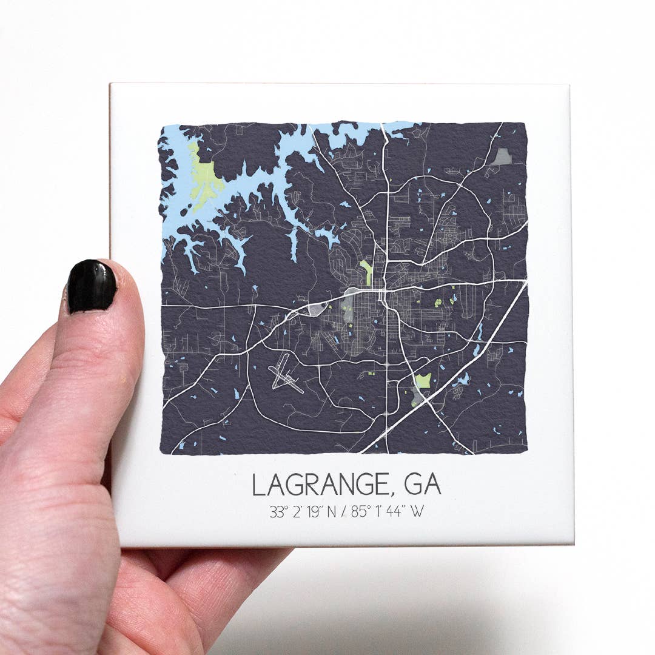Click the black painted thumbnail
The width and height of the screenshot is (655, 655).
[x=92, y=287]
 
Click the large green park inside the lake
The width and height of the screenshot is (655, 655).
[x=204, y=176]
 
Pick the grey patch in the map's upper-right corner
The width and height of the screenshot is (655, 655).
[x=502, y=157]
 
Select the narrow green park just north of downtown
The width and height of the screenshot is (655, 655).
[x=366, y=272]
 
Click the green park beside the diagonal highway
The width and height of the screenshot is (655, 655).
[x=423, y=381]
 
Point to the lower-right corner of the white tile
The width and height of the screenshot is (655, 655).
[x=573, y=543]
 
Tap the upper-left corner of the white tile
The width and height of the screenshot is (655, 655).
[x=111, y=84]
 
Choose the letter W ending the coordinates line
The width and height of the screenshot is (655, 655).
[x=417, y=512]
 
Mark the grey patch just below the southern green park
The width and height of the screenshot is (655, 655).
[x=417, y=397]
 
